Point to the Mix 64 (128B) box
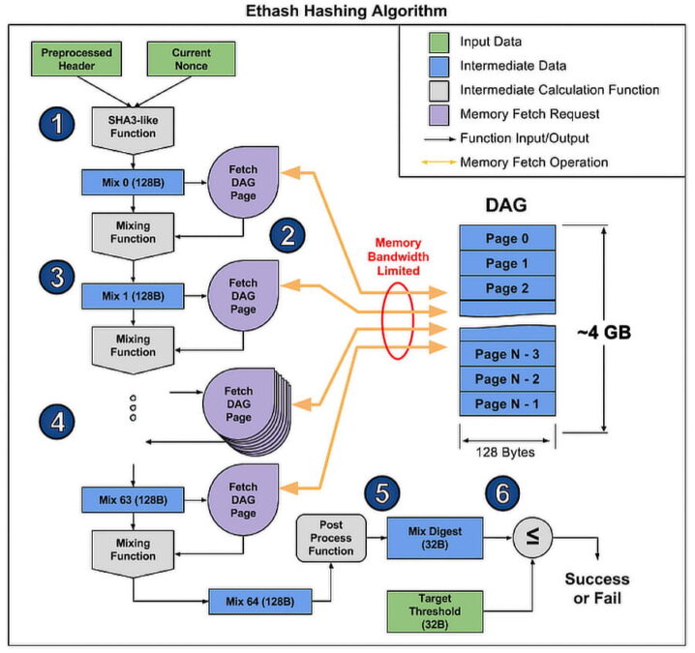point(261,604)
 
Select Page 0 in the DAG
point(508,238)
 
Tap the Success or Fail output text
point(596,589)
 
